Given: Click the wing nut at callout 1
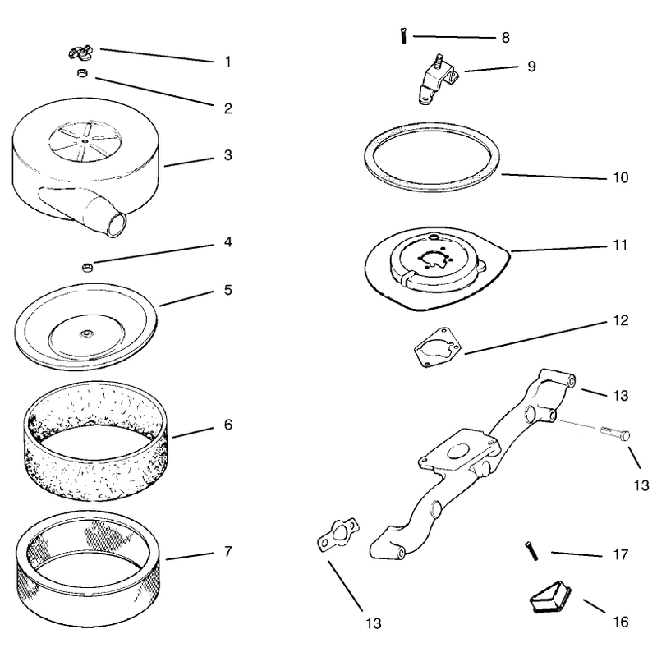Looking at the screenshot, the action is pos(80,53).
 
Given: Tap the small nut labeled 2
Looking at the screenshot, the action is pos(82,73).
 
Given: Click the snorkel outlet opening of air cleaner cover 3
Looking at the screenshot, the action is pos(117,223).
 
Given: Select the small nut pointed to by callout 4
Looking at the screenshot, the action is pos(87,267).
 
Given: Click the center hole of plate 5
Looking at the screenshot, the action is pos(87,333).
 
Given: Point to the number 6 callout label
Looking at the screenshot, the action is pos(228,425).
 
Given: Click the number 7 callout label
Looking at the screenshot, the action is pos(228,551).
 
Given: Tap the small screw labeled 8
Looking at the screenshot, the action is pos(403,35).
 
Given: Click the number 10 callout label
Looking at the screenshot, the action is pos(621,177).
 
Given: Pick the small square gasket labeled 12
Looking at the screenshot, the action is pos(438,347).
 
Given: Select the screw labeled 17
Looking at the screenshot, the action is pos(531,550).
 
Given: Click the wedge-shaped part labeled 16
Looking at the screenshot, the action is pos(550,597).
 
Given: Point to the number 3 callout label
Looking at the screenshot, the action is pos(228,155).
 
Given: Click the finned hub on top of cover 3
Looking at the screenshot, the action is pos(85,140).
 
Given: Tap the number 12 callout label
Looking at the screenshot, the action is pos(621,320).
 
